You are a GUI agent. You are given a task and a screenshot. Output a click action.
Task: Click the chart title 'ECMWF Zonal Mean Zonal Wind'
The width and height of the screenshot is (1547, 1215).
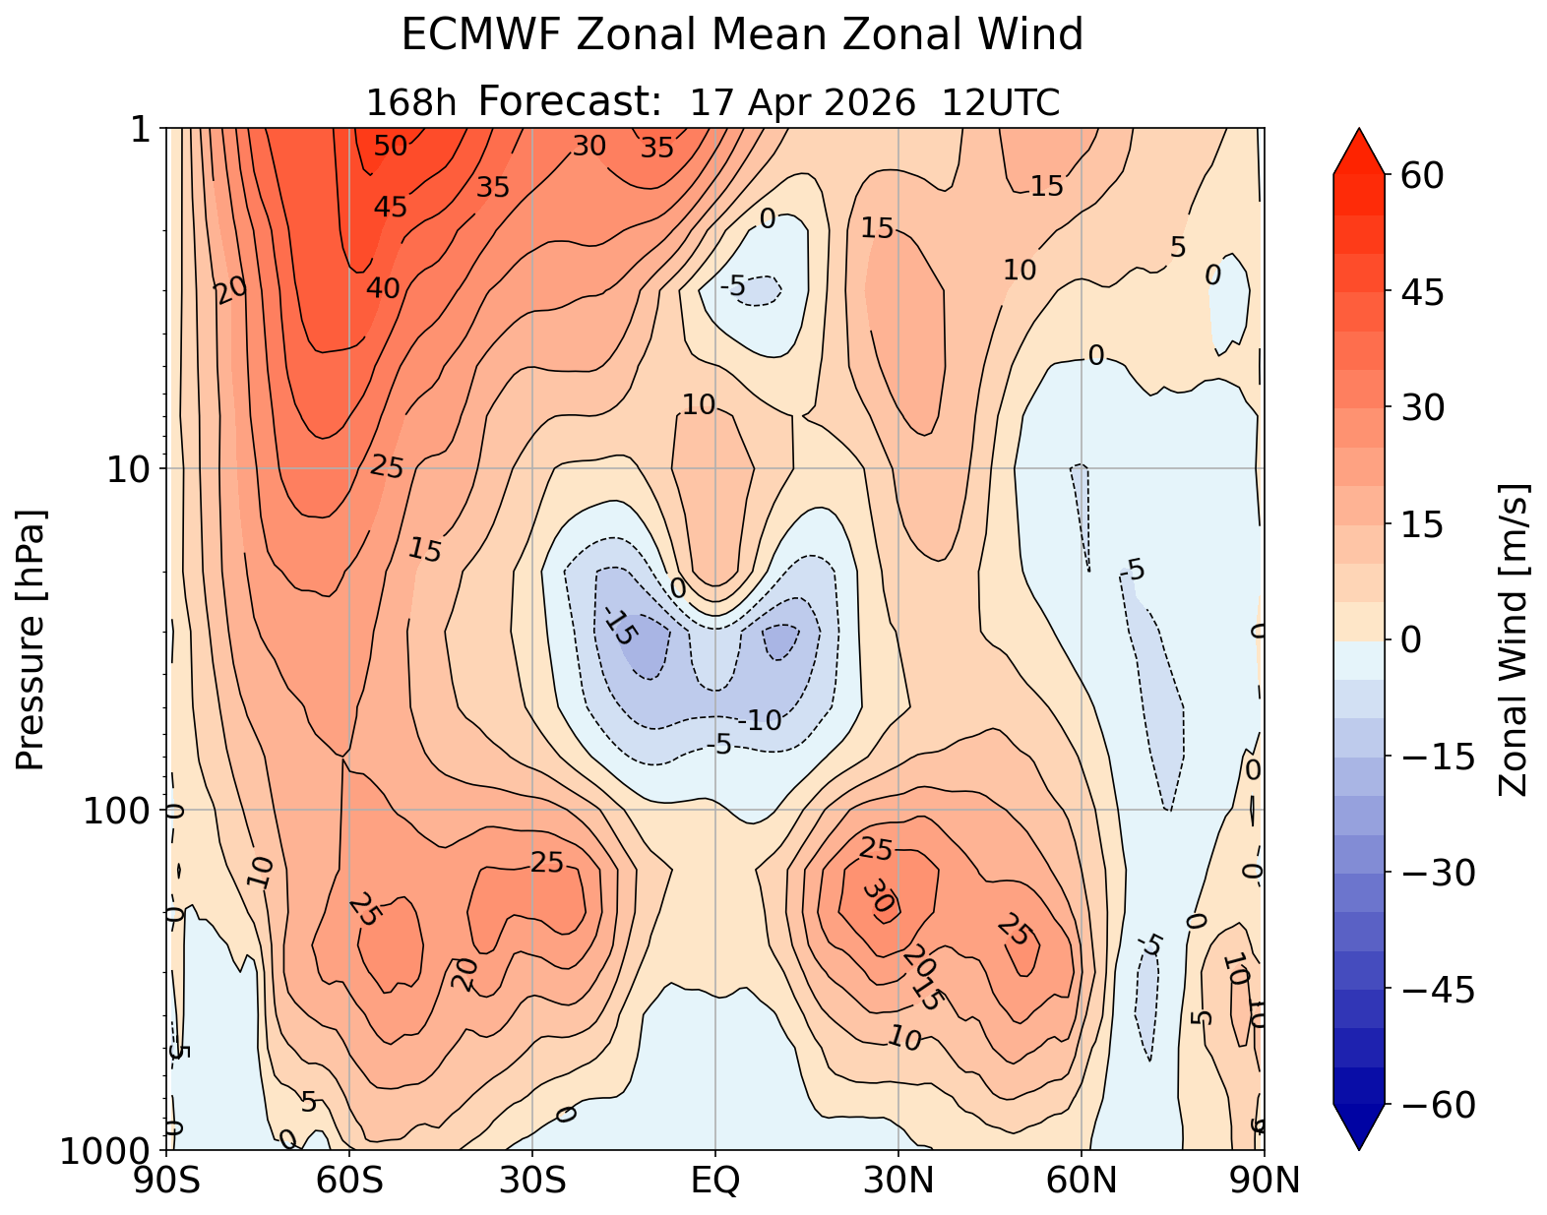click(742, 36)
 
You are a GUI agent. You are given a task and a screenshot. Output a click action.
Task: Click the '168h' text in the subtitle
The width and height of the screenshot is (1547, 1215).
click(411, 102)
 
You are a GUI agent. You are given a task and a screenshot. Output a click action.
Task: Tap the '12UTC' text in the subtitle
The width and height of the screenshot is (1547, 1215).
click(1001, 102)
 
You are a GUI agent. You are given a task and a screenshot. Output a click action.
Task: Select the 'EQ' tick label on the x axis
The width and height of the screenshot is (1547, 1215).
click(715, 1180)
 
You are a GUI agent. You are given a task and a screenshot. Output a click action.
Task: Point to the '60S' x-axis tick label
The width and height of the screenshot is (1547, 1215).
click(349, 1180)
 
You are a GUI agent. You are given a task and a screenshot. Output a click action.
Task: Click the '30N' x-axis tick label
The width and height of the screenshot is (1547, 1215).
click(898, 1180)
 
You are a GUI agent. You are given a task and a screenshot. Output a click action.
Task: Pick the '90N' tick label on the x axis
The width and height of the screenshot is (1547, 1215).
click(1264, 1180)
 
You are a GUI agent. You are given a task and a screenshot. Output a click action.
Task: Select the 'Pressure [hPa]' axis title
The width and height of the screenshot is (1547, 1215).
click(31, 639)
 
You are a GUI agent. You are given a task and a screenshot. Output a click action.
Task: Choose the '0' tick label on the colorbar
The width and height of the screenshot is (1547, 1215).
click(1409, 640)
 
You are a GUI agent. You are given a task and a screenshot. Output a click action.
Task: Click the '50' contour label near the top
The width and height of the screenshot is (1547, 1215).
click(391, 147)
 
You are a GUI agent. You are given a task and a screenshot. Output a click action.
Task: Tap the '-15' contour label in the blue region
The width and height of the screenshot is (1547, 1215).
click(620, 627)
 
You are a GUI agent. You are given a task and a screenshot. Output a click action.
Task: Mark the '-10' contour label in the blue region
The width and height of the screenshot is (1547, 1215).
click(762, 721)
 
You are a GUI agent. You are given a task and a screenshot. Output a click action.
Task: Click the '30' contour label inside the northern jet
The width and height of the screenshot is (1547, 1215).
click(879, 896)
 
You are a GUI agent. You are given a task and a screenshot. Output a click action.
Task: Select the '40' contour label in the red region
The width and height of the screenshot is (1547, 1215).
click(384, 288)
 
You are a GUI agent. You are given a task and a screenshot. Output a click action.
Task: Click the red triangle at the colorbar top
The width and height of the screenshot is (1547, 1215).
click(1359, 150)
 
